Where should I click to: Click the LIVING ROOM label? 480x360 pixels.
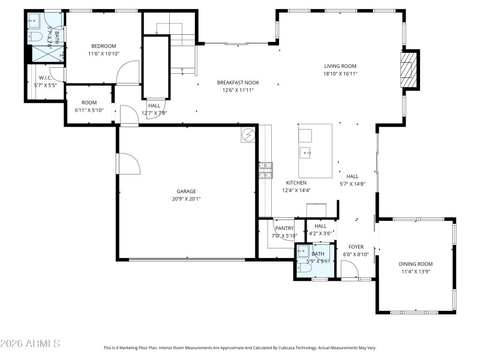(340, 66)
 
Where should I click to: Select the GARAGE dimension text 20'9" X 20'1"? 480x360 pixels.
(188, 199)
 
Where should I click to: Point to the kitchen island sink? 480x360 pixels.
(307, 152)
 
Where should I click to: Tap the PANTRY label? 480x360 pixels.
(284, 228)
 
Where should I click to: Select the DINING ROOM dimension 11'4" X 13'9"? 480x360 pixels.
(416, 271)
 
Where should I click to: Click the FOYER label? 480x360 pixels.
(356, 247)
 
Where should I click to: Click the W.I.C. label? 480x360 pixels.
(46, 78)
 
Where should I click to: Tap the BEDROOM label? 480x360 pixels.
(103, 46)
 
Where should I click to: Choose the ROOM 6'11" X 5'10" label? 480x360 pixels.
(89, 103)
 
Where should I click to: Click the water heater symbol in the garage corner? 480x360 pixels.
(248, 135)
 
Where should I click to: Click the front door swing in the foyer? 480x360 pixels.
(350, 271)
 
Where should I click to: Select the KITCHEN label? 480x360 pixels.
(296, 182)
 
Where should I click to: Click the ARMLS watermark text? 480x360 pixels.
(30, 343)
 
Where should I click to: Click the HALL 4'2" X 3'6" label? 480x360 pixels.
(320, 226)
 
